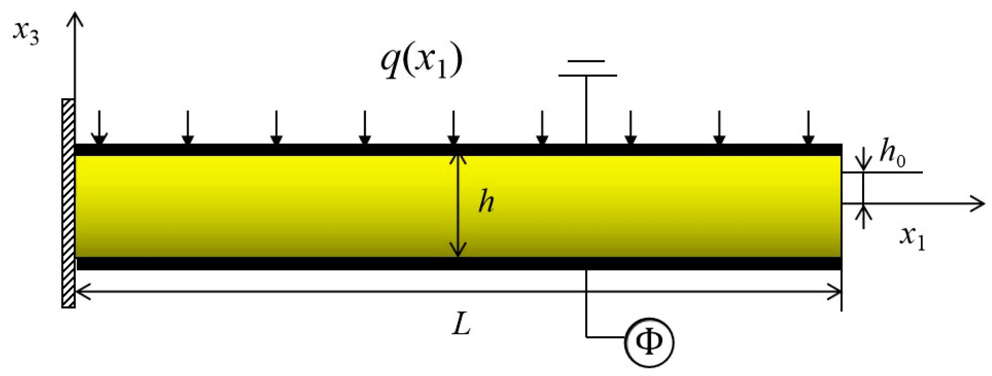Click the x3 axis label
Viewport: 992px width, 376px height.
[27, 32]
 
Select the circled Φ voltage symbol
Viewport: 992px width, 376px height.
[649, 342]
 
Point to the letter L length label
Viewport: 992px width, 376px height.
[461, 323]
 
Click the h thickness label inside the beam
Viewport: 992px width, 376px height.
[486, 201]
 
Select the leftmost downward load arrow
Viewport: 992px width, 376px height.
[99, 127]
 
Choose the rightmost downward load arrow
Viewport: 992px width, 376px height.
[808, 127]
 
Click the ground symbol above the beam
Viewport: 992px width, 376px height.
[587, 69]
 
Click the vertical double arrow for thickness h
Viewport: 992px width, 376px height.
[458, 206]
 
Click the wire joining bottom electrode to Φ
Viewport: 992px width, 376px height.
[587, 307]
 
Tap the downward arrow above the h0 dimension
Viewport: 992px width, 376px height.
[863, 160]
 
